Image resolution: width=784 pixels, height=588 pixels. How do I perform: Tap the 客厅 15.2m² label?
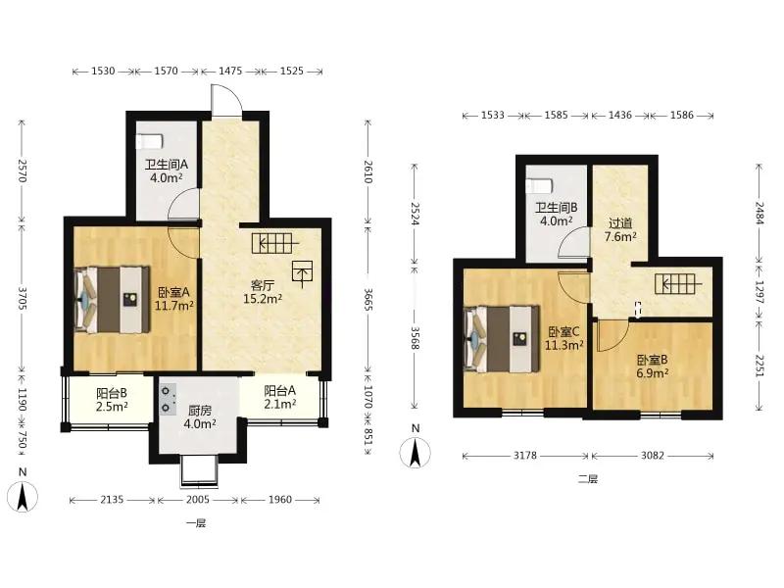point(263,292)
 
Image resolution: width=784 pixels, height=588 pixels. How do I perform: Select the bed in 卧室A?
point(112,300)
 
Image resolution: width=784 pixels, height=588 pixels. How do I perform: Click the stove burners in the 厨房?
point(167,400)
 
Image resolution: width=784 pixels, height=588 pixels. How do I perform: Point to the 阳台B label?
point(112,394)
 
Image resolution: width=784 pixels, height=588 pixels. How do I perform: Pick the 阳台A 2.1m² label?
point(280,397)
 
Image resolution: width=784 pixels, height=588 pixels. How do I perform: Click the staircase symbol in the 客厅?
point(276,243)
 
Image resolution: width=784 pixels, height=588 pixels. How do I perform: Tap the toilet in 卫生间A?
point(150,141)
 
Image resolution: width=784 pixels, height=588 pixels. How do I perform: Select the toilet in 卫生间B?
point(539,185)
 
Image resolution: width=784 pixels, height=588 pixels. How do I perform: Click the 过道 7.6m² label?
point(620,230)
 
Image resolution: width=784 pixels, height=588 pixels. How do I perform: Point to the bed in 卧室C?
point(502,339)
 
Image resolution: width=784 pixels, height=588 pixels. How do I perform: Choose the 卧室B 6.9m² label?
point(653,366)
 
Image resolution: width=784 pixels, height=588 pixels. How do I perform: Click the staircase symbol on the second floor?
point(678,284)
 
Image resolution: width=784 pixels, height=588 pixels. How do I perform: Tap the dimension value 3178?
point(525,456)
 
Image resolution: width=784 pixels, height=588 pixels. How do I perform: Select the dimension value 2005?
point(198,500)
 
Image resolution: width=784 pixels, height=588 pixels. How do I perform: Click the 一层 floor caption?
point(196,523)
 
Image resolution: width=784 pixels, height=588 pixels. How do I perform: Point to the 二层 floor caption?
point(588,479)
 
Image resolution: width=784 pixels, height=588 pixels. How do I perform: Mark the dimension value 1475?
point(230,71)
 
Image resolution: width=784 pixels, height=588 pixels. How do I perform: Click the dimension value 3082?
point(653,456)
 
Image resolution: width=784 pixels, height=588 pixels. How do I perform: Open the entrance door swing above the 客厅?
point(227,101)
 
